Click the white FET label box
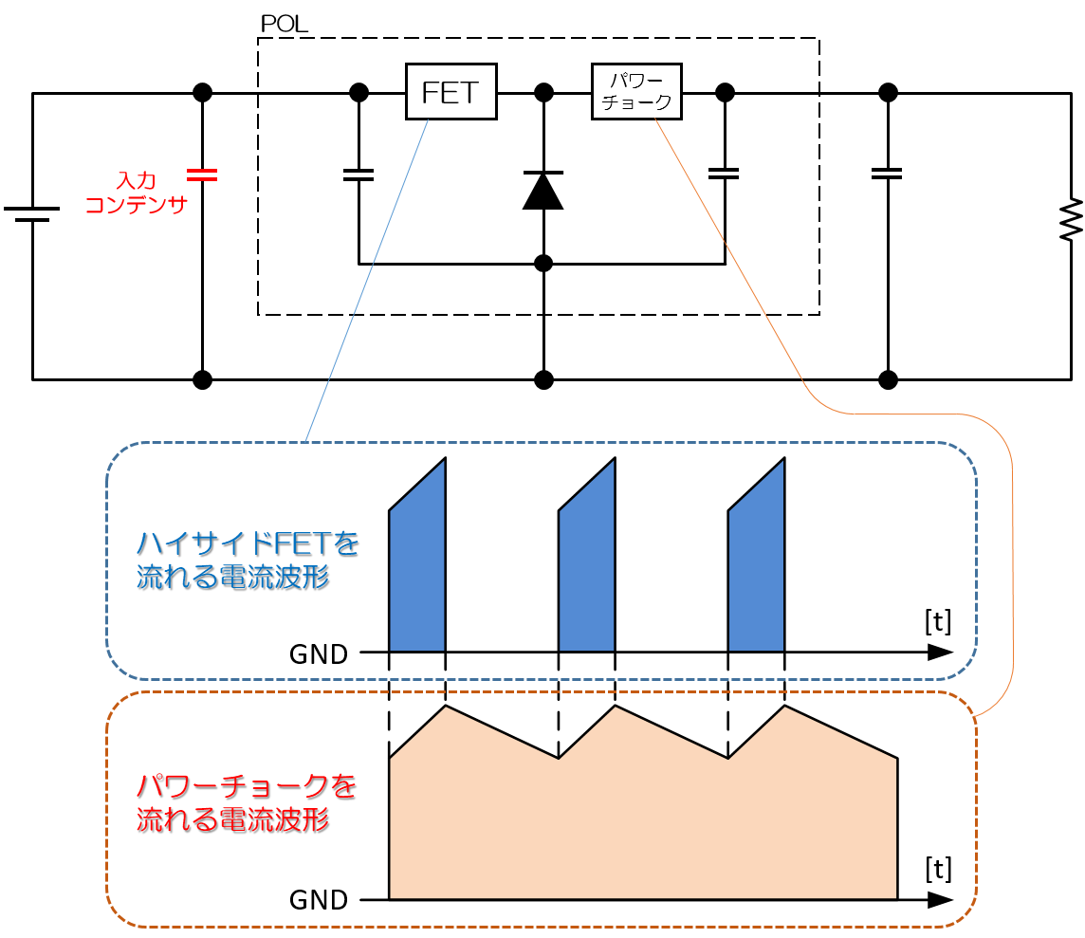tap(451, 92)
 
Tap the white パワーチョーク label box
tap(636, 92)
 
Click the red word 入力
tap(136, 180)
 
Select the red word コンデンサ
tap(137, 205)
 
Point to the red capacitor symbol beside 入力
tap(202, 175)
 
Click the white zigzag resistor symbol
tap(1070, 218)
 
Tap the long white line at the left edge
tap(34, 214)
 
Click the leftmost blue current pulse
tap(417, 569)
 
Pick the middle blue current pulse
tap(586, 569)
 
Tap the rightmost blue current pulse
tap(756, 569)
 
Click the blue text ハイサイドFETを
tap(248, 543)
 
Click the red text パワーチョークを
tap(247, 786)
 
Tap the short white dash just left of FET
tap(359, 175)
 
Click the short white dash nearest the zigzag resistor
tap(887, 174)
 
